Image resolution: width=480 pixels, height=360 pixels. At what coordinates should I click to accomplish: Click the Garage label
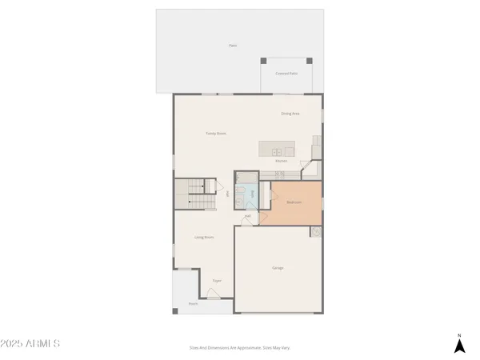click(277, 268)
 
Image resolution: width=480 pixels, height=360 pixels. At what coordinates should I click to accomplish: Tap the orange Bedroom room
click(294, 202)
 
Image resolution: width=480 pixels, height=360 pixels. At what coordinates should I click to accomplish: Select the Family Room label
click(216, 134)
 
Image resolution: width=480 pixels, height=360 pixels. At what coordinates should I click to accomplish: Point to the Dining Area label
click(290, 114)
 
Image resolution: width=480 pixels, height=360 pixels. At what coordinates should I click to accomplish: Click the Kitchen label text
click(282, 162)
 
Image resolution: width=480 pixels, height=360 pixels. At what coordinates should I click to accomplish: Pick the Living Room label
click(204, 238)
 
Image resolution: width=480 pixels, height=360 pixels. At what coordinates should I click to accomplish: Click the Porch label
click(193, 304)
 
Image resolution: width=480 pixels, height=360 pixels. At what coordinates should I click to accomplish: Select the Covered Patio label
click(286, 74)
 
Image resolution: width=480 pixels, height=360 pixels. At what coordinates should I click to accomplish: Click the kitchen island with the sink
click(277, 150)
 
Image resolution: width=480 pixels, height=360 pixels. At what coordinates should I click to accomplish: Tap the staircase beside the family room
click(197, 196)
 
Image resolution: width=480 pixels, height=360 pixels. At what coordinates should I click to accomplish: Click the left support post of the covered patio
click(263, 61)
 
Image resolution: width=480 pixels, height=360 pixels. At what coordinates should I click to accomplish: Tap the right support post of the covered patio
click(309, 61)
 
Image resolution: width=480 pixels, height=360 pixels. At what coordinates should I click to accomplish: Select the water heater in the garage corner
click(317, 233)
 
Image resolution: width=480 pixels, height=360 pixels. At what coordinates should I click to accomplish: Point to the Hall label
click(248, 216)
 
